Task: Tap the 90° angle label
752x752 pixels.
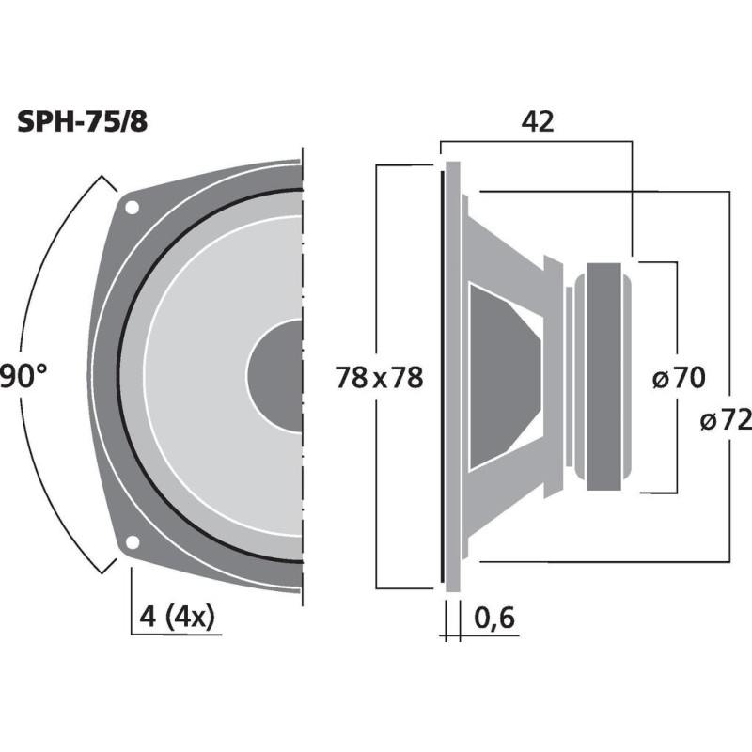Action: [23, 377]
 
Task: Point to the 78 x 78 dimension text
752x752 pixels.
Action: [380, 378]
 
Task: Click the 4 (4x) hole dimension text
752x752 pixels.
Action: [177, 618]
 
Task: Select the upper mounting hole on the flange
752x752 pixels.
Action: [133, 207]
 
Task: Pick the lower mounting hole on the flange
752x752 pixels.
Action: [133, 541]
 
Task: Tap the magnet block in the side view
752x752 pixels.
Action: [603, 376]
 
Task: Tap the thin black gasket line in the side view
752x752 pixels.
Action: [443, 376]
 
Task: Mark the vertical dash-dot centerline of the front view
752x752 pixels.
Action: [304, 376]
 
